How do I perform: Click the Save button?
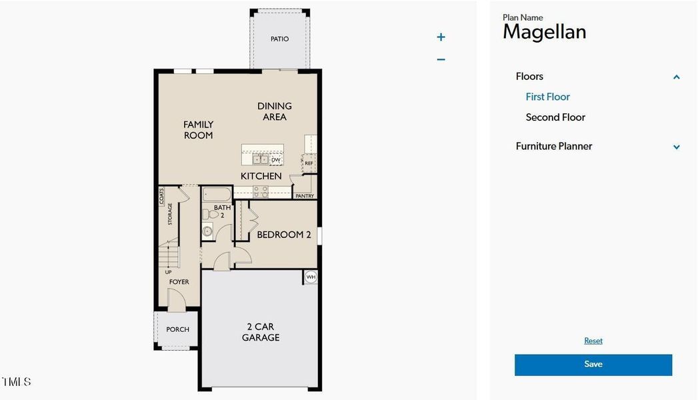(593, 365)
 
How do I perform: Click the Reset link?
(593, 341)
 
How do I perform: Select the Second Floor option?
(555, 117)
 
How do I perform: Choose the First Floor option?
(547, 97)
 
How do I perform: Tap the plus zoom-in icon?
(441, 37)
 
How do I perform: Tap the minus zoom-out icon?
(441, 59)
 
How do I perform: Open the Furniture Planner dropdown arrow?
(676, 147)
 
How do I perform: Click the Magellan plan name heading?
(544, 32)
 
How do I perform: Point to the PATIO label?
(280, 39)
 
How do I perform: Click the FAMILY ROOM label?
(199, 130)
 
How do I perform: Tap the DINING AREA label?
(275, 111)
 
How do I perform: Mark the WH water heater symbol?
(311, 277)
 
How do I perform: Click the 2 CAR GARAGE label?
(261, 332)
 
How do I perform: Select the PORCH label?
(177, 329)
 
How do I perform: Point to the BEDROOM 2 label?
(284, 235)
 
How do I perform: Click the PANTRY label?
(305, 196)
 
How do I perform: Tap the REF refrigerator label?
(309, 163)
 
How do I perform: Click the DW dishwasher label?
(275, 160)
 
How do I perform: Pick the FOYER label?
(179, 282)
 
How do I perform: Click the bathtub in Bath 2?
(217, 195)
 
